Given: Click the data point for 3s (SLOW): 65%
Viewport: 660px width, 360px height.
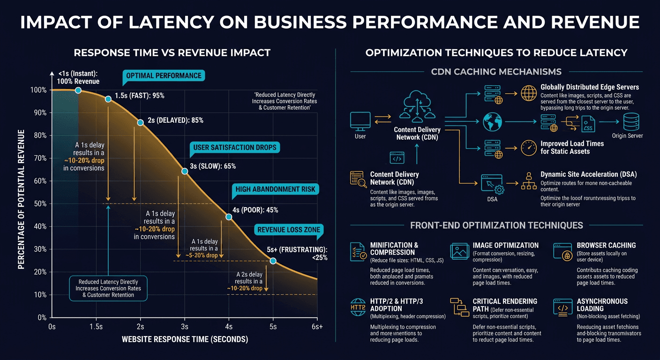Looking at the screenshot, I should (x=185, y=171).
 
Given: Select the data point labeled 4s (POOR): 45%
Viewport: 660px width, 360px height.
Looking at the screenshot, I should (x=229, y=217).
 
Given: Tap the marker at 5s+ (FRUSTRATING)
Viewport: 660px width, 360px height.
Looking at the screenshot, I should (x=273, y=261).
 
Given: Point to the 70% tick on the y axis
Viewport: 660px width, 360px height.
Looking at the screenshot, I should (x=40, y=158).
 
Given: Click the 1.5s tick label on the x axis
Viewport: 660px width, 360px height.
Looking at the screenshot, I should (x=96, y=327).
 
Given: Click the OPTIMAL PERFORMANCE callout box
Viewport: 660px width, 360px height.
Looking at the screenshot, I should (x=164, y=76).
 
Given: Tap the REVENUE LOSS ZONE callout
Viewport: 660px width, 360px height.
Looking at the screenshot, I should (x=288, y=229).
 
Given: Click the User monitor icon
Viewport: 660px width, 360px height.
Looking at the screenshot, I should (x=360, y=121).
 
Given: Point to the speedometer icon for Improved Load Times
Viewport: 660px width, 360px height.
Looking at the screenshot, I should (x=528, y=148).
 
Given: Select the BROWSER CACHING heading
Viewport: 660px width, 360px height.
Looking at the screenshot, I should (x=606, y=245).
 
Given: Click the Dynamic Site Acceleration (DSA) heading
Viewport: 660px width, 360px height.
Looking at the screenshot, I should (x=588, y=174).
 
